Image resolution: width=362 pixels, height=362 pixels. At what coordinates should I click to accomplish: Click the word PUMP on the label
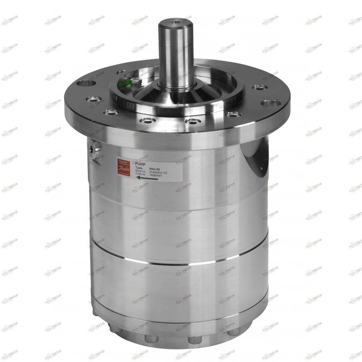140,164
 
